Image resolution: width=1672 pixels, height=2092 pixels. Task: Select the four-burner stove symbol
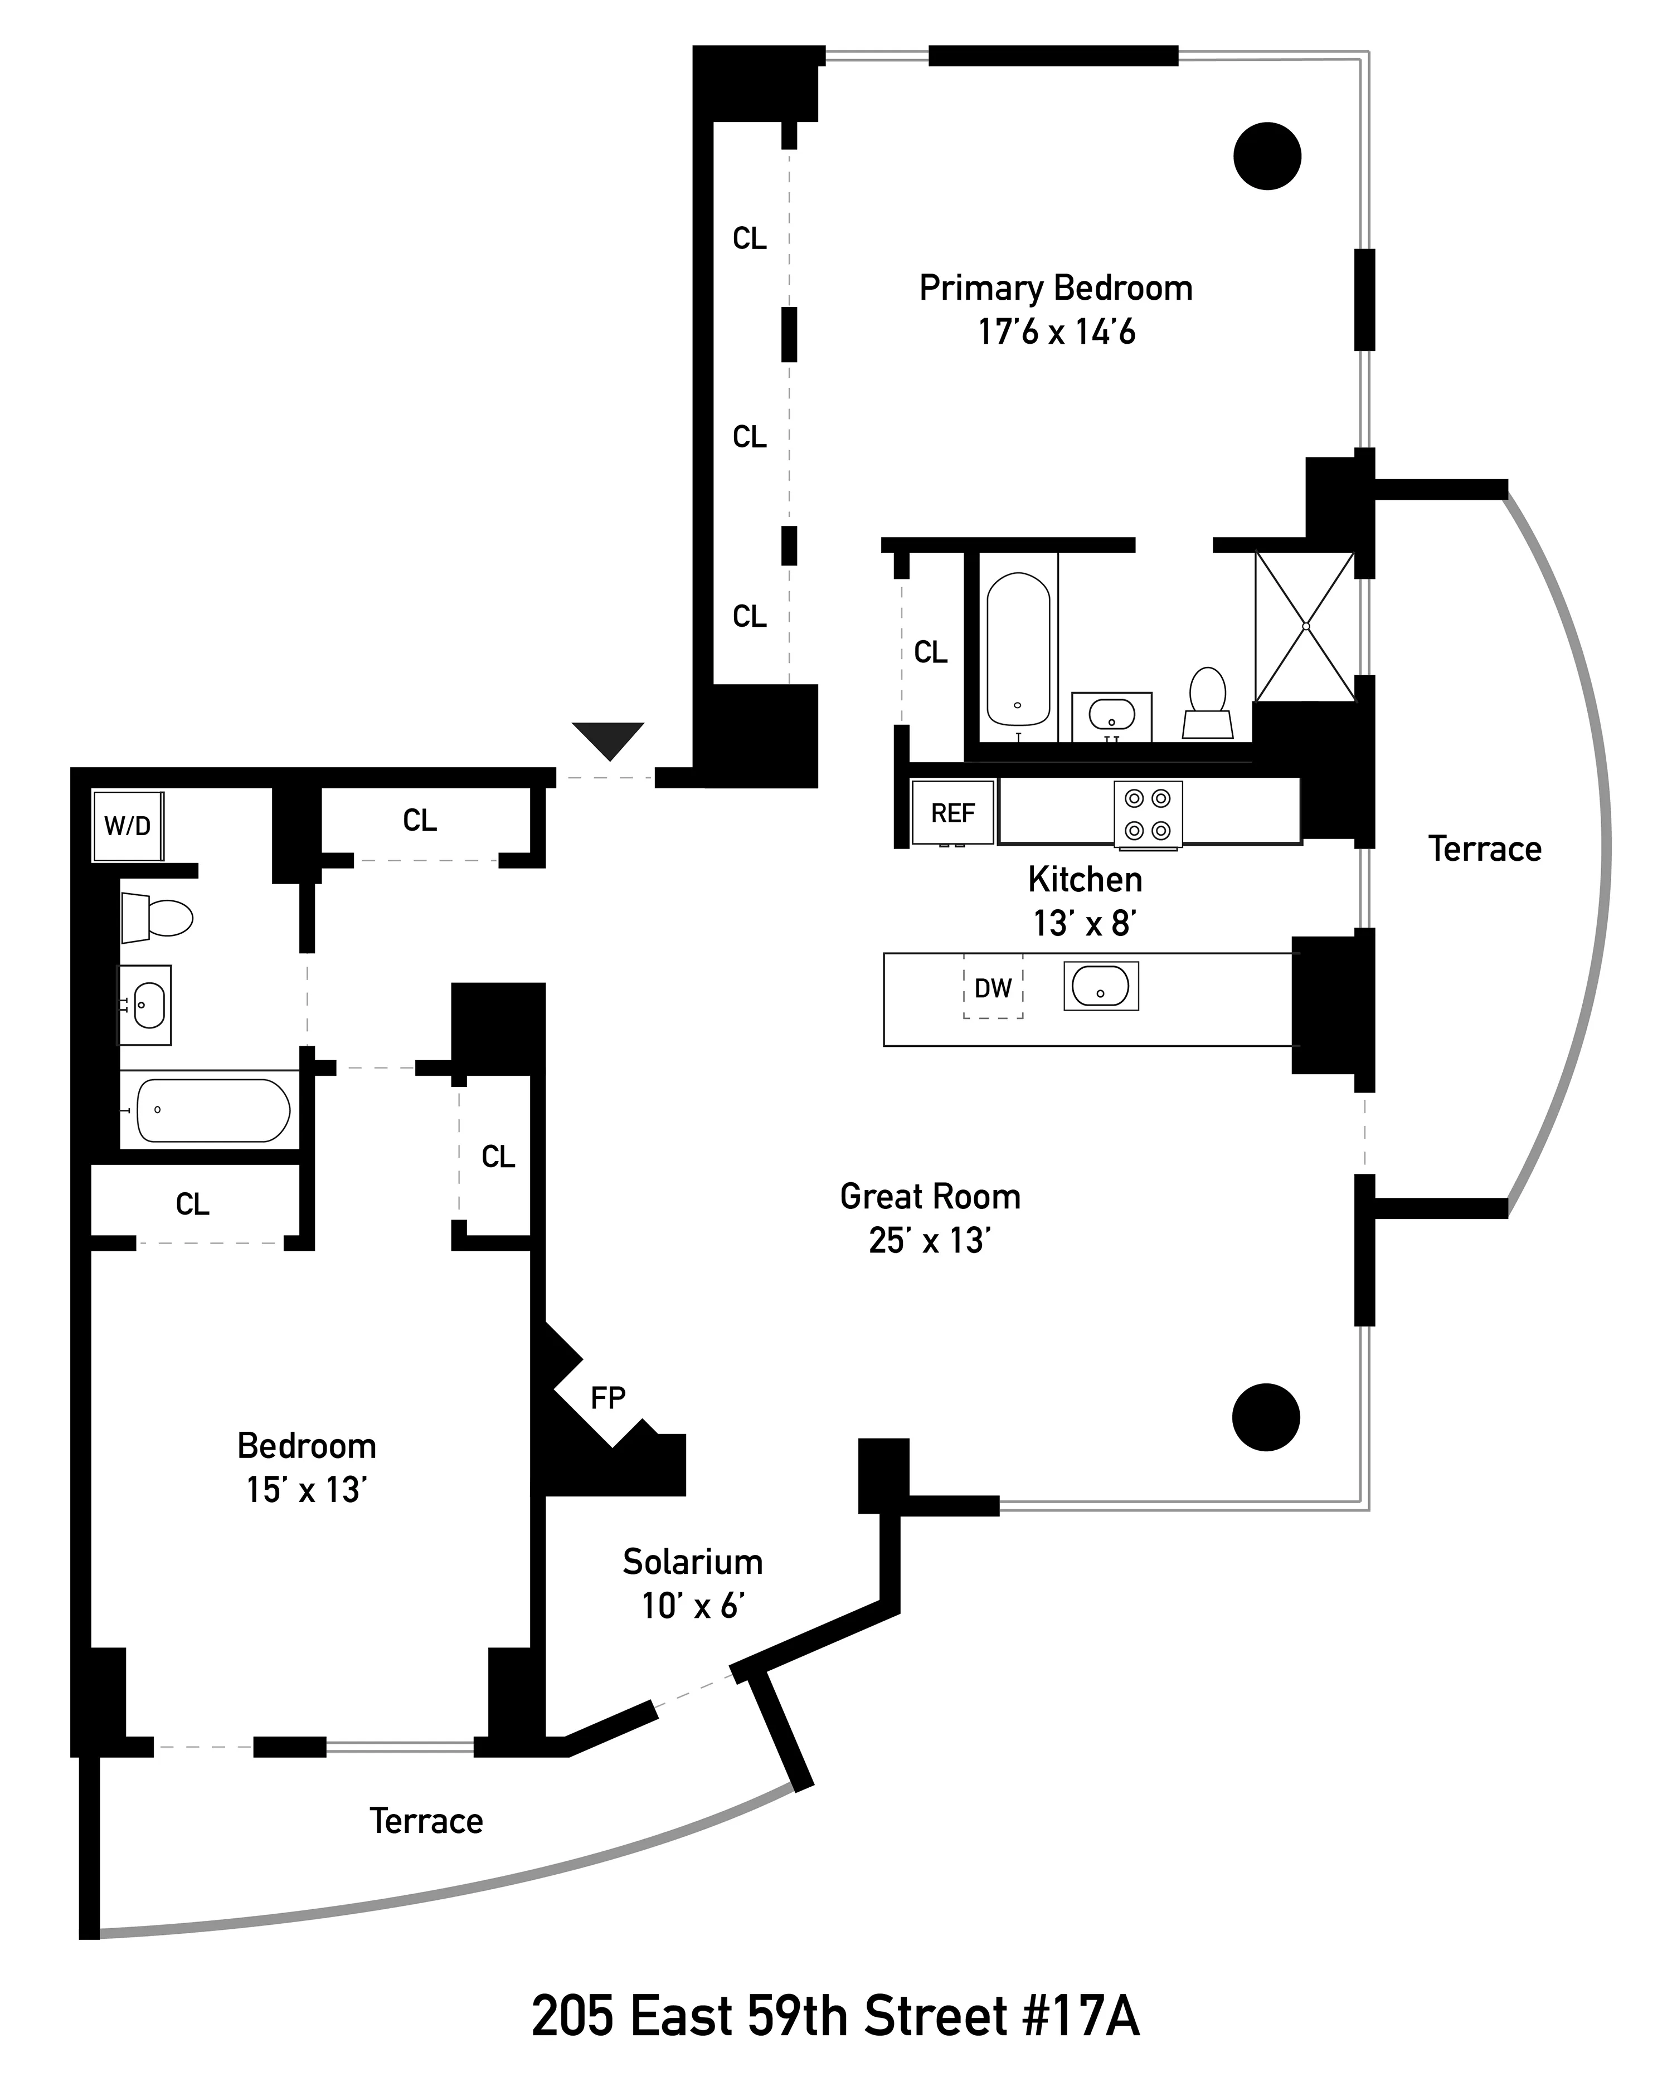1148,814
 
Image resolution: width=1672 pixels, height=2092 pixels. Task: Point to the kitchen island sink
1100,986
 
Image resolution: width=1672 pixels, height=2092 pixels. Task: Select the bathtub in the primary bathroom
1018,648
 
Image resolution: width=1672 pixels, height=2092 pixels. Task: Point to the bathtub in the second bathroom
212,1110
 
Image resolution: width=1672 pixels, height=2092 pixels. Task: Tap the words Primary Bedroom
1055,288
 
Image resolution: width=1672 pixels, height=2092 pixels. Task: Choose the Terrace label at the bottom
426,1820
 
